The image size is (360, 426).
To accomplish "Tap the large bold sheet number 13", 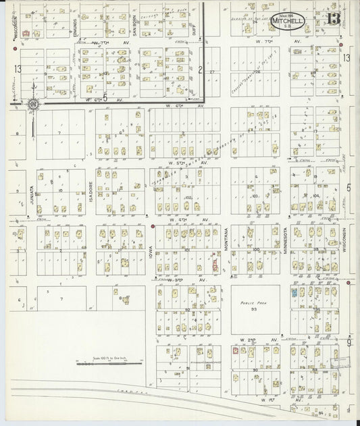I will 332,18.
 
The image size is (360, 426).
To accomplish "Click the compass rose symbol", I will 32,104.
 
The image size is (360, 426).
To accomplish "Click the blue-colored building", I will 294,293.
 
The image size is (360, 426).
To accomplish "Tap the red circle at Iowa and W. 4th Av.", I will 153,226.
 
